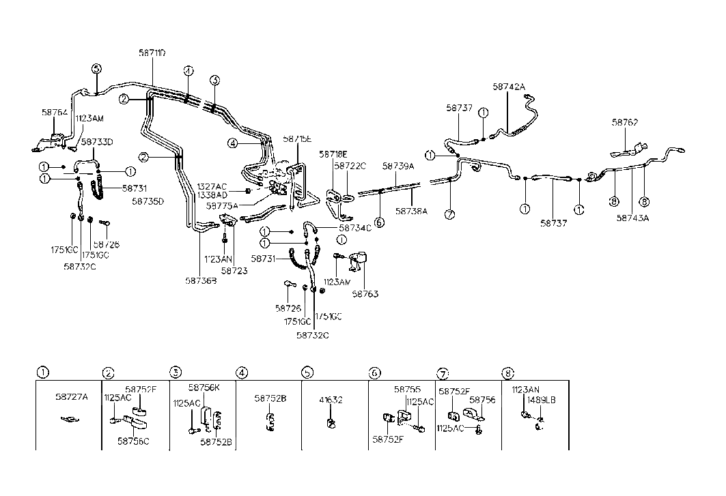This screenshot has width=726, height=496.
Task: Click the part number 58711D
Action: pyautogui.click(x=152, y=53)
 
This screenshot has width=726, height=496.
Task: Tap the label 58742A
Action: pyautogui.click(x=509, y=87)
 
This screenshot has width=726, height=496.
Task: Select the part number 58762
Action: pyautogui.click(x=625, y=123)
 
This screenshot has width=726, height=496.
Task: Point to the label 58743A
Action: pyautogui.click(x=632, y=218)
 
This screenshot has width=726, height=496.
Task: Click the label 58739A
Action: pyautogui.click(x=399, y=166)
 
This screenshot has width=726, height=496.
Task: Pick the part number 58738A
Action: pyautogui.click(x=411, y=211)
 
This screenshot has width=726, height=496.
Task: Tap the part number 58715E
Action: pyautogui.click(x=297, y=138)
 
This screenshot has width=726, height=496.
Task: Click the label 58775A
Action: pyautogui.click(x=222, y=205)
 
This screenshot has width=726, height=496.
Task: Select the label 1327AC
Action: pyautogui.click(x=212, y=186)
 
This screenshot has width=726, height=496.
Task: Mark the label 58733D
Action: pyautogui.click(x=96, y=142)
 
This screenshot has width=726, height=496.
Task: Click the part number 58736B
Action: pyautogui.click(x=201, y=280)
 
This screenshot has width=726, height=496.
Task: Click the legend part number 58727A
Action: pyautogui.click(x=72, y=396)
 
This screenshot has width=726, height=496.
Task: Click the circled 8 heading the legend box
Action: pyautogui.click(x=508, y=373)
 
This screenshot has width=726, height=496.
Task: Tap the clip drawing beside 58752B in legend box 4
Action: pyautogui.click(x=270, y=422)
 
